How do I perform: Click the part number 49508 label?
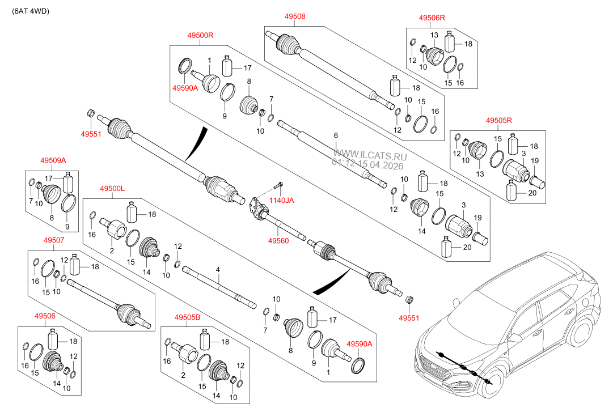[x=295, y=17]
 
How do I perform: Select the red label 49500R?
[x=200, y=35]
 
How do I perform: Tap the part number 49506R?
[x=432, y=18]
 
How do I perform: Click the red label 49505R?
[x=499, y=120]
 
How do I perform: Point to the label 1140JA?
[x=281, y=200]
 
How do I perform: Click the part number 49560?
[x=278, y=240]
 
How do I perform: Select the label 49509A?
[x=53, y=161]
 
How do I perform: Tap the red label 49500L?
[x=112, y=188]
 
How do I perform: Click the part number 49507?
[x=54, y=240]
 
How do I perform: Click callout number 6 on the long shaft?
[x=336, y=135]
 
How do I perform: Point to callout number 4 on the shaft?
[x=217, y=270]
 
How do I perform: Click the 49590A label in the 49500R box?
[x=185, y=88]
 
